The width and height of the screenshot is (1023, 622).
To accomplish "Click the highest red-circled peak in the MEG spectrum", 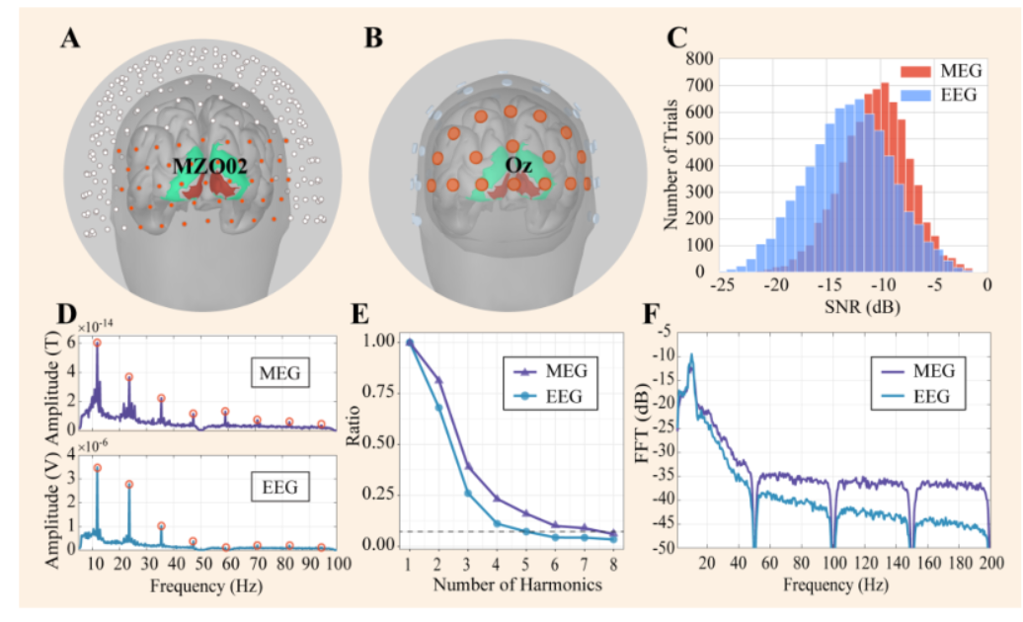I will coord(97,343).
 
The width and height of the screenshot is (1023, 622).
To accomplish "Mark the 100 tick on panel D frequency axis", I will coord(337,565).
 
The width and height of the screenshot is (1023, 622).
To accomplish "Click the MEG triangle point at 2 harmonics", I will coord(439,380).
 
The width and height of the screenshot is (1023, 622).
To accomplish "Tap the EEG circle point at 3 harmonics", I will coord(468,493).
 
